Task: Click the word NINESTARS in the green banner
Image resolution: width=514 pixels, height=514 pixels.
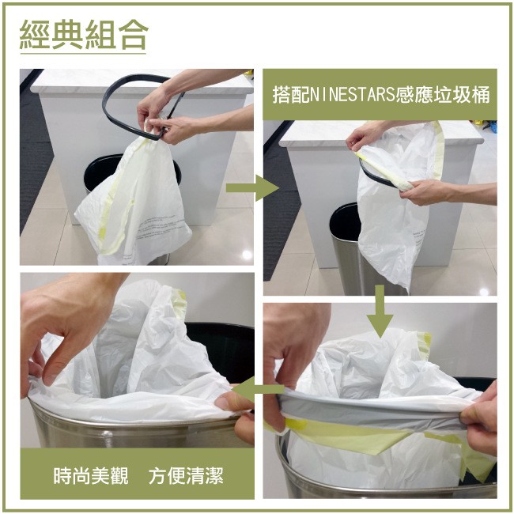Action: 352,95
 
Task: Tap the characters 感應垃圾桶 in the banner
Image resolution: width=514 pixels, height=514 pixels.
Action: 443,95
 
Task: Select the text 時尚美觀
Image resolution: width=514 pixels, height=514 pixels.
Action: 91,475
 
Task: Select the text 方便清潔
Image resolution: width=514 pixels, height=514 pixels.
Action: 186,475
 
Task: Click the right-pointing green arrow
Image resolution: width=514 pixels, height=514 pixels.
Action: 252,188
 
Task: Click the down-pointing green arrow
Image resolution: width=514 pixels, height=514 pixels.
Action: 380,312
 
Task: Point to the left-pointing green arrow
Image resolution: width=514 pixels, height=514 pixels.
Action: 258,389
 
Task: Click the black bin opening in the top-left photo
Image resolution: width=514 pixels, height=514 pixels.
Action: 98,171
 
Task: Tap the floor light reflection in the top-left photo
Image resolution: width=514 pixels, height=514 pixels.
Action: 246,255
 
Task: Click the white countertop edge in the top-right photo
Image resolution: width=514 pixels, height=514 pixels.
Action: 380,142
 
